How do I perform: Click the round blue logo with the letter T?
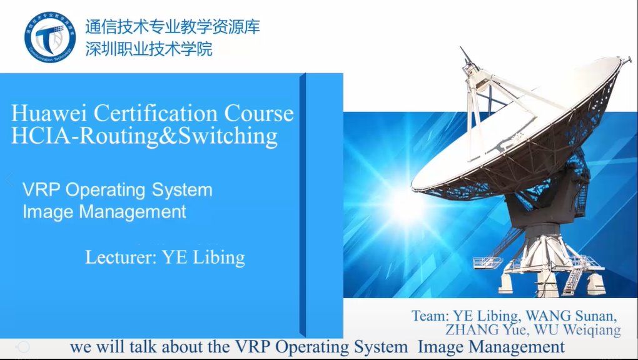click(50, 37)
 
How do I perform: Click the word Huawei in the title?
click(49, 113)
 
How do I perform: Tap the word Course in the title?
click(259, 113)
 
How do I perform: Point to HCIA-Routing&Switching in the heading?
click(144, 136)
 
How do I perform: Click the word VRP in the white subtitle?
click(41, 189)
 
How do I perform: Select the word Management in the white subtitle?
click(133, 211)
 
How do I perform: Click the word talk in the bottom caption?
click(144, 347)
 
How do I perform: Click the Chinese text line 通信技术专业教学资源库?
click(173, 27)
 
